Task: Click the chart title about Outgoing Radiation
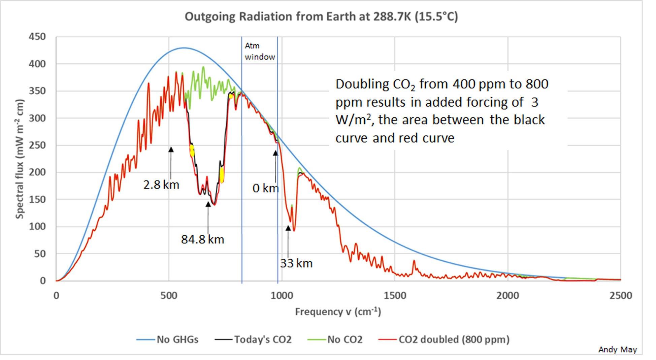(321, 17)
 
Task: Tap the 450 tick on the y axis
(37, 37)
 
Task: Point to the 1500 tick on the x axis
(395, 296)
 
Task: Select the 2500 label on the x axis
(620, 296)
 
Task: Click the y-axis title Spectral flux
(20, 159)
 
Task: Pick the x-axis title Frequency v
(338, 312)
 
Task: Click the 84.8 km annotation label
(202, 239)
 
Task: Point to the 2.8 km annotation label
(161, 185)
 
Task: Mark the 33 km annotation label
(296, 263)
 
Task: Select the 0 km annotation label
(265, 188)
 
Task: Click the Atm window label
(260, 51)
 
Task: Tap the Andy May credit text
(617, 350)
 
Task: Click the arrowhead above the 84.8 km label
(208, 204)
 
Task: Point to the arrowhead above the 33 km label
(288, 228)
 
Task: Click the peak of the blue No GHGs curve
(184, 48)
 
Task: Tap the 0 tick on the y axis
(43, 281)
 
